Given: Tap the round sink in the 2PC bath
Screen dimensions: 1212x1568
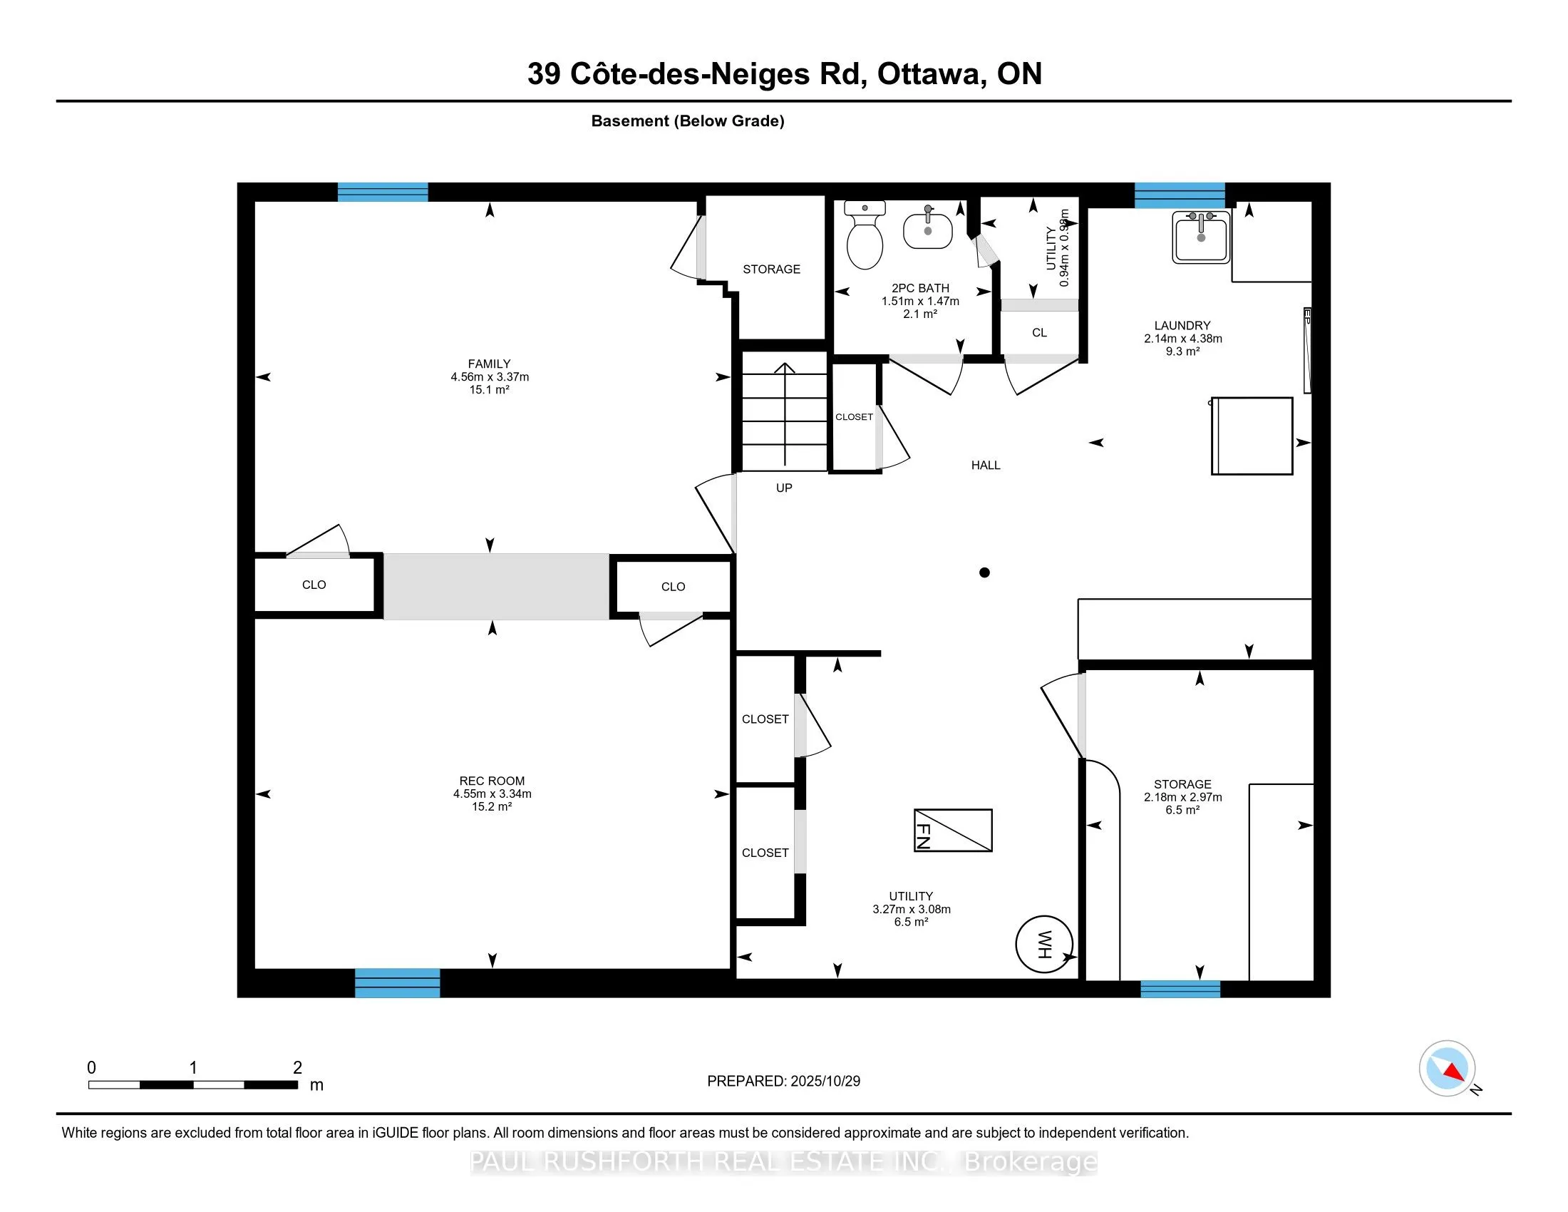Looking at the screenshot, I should click(x=927, y=230).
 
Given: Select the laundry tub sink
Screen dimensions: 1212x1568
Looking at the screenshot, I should click(x=1201, y=237).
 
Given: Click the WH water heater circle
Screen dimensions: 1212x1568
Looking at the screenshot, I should click(x=1044, y=944).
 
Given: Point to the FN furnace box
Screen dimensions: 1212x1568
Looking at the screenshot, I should click(x=953, y=831).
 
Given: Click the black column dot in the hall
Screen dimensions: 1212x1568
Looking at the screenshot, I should click(x=984, y=572).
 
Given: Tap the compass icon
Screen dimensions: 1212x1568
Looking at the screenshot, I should click(x=1447, y=1069).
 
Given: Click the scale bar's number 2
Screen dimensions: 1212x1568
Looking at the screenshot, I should click(x=297, y=1068).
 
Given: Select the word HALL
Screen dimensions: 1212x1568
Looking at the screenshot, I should click(x=985, y=466).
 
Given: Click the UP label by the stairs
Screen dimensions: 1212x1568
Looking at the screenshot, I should click(x=783, y=488).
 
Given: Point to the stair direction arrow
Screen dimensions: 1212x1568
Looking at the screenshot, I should click(x=785, y=413).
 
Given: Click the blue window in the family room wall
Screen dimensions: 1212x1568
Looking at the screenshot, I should click(x=383, y=192).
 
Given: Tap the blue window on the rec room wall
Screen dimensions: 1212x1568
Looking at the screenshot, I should click(x=397, y=982).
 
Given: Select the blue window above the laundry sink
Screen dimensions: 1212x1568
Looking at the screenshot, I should click(x=1179, y=195).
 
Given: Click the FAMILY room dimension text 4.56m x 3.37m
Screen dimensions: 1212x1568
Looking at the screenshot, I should click(x=490, y=377).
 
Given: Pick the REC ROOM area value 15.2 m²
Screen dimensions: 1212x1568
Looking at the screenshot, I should click(x=492, y=807).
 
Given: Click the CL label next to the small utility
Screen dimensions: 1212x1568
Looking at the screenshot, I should click(x=1039, y=332).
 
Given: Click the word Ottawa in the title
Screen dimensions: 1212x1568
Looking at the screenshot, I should click(x=929, y=74).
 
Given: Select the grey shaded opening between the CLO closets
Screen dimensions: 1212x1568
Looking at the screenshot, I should click(x=496, y=586).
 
